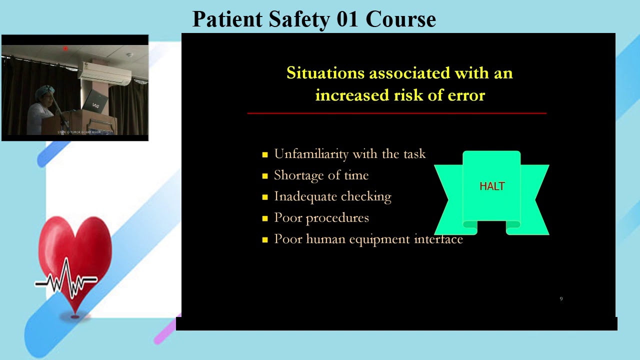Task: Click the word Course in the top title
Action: pyautogui.click(x=400, y=19)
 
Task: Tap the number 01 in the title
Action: pyautogui.click(x=347, y=19)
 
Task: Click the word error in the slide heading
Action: pyautogui.click(x=467, y=95)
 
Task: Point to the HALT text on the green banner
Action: pyautogui.click(x=492, y=186)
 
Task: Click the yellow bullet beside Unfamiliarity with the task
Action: pyautogui.click(x=265, y=155)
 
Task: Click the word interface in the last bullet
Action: pyautogui.click(x=438, y=239)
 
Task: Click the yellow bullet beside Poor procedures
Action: pyautogui.click(x=265, y=218)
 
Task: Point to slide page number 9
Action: pyautogui.click(x=561, y=298)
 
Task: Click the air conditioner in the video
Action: pyautogui.click(x=104, y=74)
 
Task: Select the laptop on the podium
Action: pyautogui.click(x=94, y=102)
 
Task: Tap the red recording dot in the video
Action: pyautogui.click(x=65, y=48)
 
